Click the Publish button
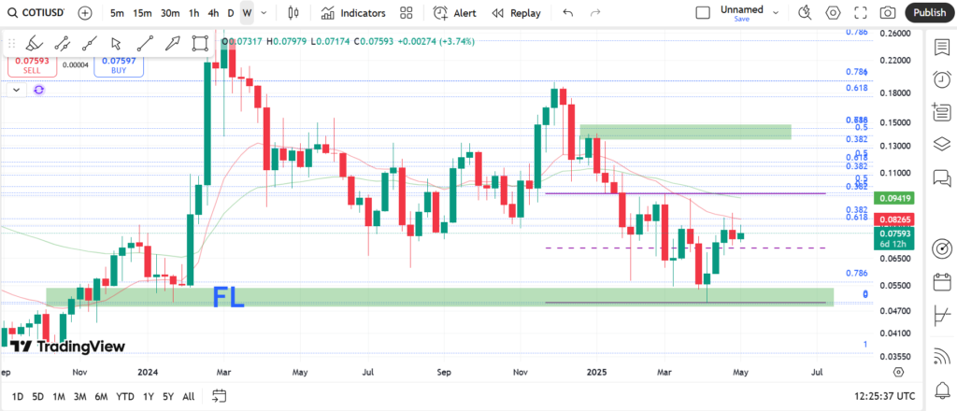tap(929, 13)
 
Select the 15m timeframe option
tap(142, 13)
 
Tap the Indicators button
tap(352, 13)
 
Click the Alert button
tap(455, 13)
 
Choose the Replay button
tap(516, 13)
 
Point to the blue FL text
tap(228, 298)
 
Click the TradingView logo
tap(67, 347)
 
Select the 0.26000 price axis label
tap(896, 34)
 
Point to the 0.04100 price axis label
tap(896, 332)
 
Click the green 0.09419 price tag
tap(896, 198)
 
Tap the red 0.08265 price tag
tap(896, 220)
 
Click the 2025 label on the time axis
tap(598, 372)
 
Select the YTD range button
tap(124, 396)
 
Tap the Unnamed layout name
tap(741, 10)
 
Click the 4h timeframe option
tap(213, 13)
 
